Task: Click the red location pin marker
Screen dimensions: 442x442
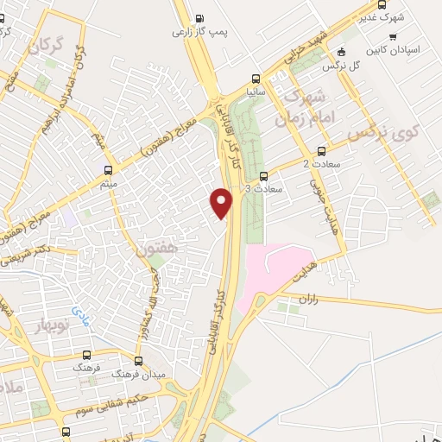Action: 222,202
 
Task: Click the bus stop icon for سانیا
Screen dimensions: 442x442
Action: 255,75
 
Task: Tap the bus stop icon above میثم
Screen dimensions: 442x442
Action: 108,170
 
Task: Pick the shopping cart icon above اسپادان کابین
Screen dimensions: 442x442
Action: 394,37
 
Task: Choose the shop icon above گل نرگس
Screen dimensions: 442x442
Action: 342,52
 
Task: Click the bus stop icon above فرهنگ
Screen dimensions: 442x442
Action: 85,355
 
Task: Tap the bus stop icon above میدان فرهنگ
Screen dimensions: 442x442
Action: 139,360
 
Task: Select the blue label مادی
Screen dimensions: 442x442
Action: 80,310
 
